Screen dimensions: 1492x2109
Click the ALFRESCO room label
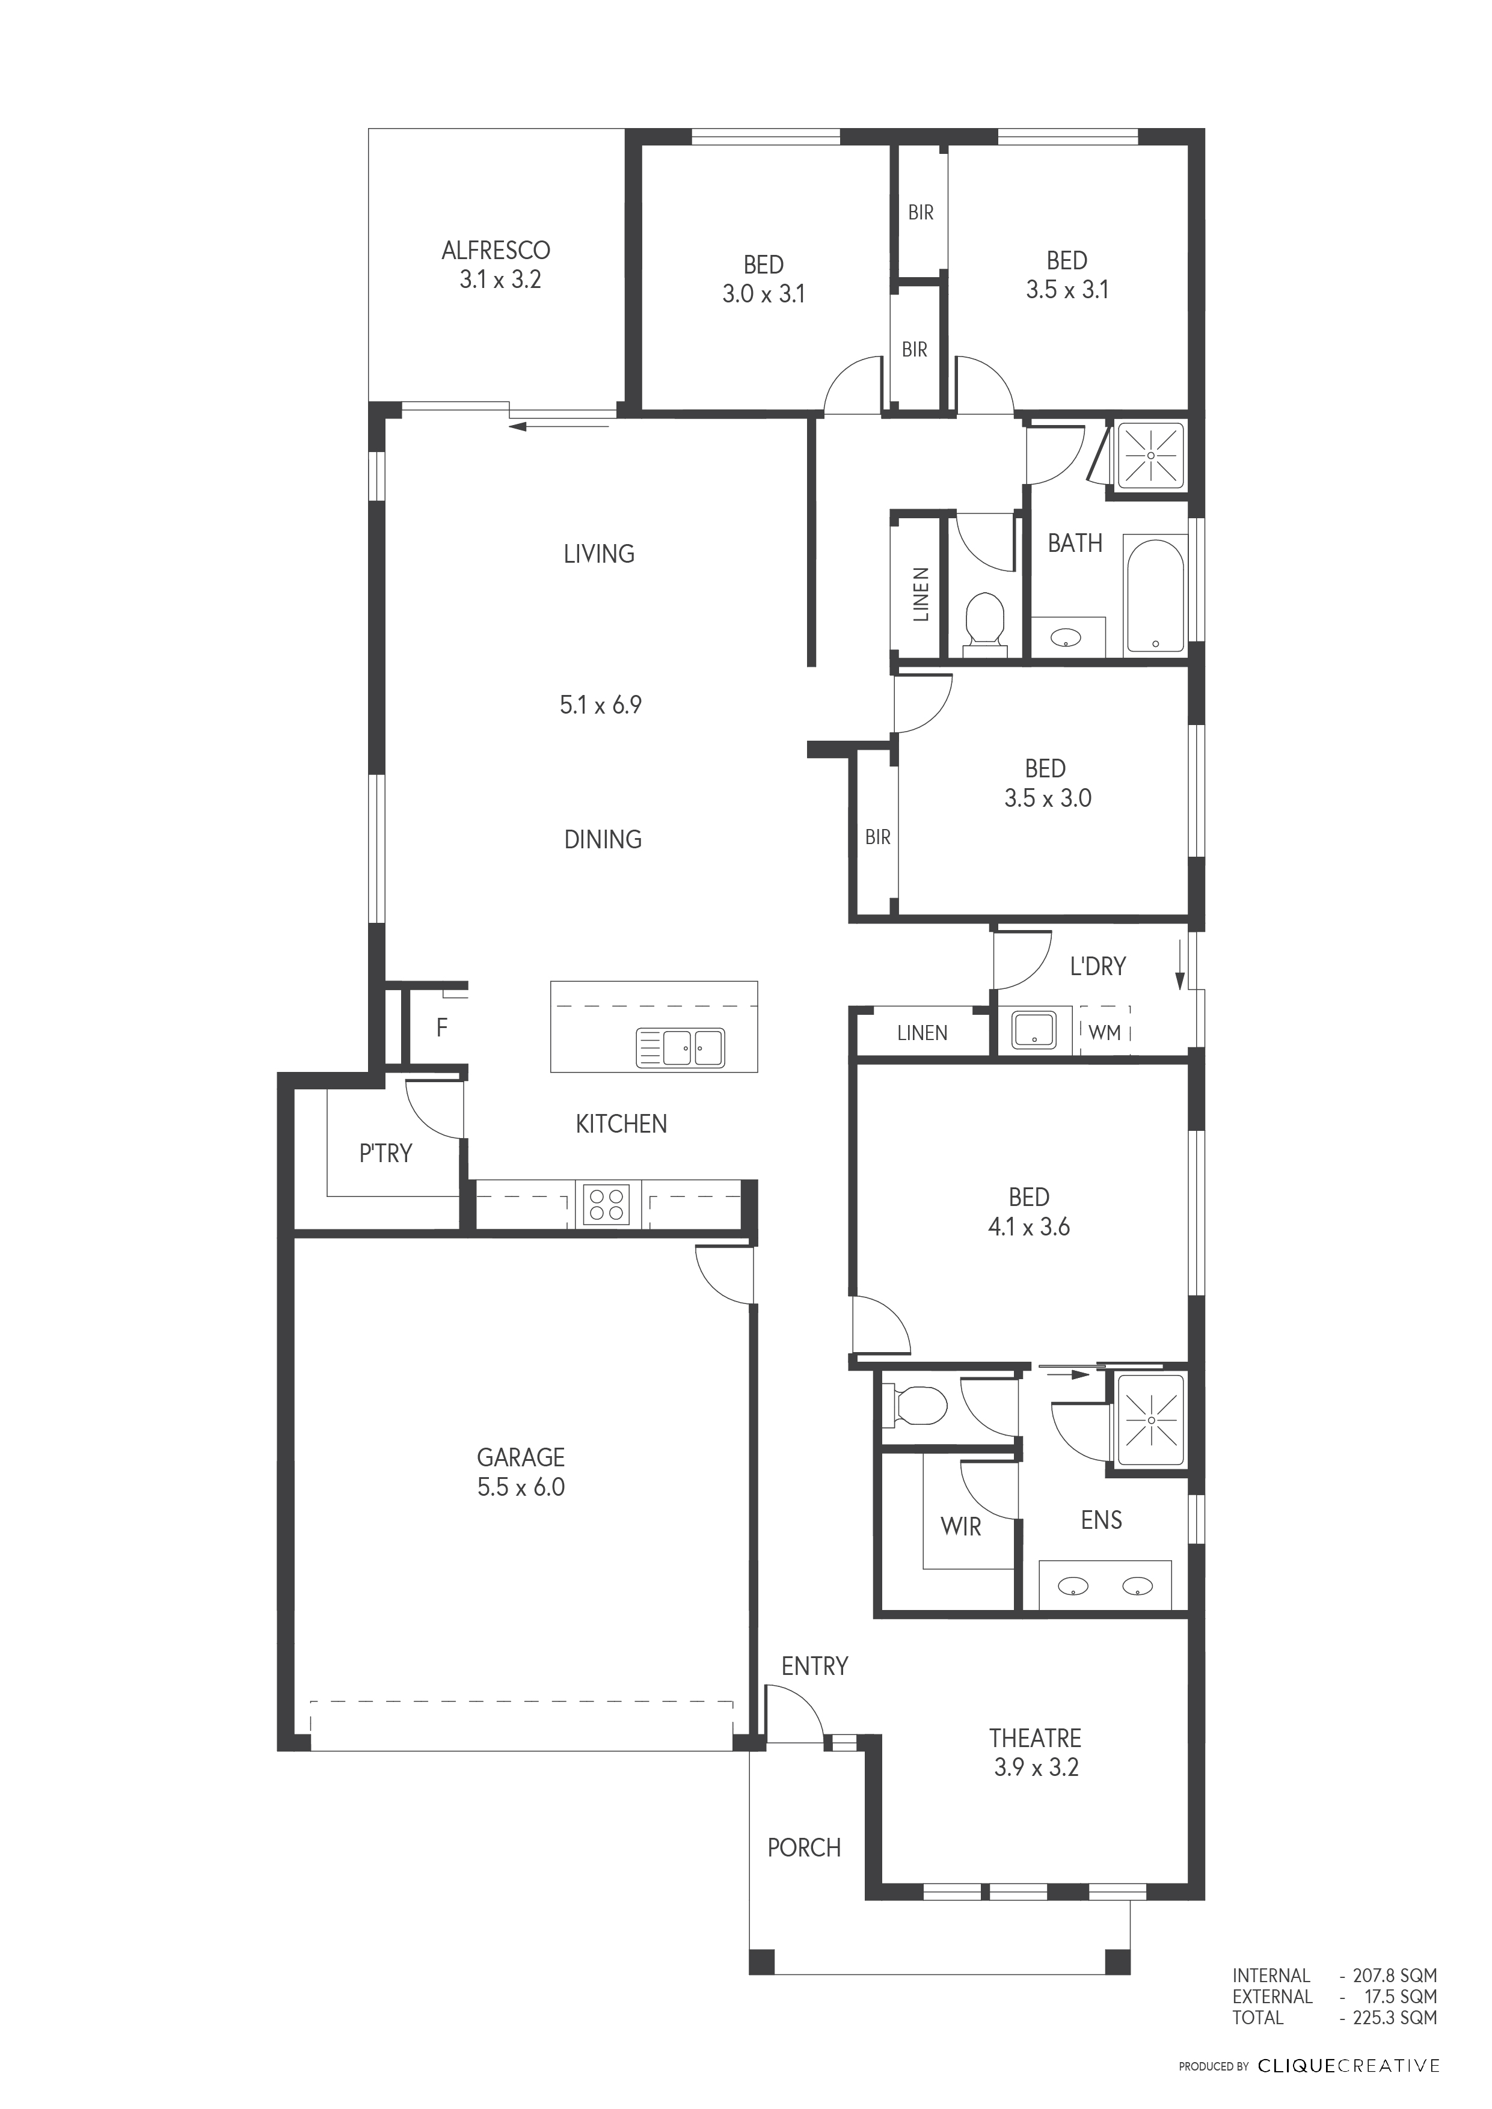[496, 250]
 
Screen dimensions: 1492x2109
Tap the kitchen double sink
[681, 1047]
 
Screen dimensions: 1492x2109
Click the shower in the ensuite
[1150, 1419]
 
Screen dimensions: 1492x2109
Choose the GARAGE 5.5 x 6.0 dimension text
[521, 1487]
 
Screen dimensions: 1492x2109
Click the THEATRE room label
[1036, 1738]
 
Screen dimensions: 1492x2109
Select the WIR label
[961, 1526]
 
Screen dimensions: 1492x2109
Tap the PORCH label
[804, 1847]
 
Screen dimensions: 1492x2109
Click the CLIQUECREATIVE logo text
[1349, 2066]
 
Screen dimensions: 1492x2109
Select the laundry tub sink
[1034, 1030]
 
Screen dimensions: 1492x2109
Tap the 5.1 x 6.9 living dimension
[601, 705]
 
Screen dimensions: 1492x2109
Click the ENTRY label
[815, 1665]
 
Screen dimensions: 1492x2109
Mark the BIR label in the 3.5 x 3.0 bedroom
[877, 837]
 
